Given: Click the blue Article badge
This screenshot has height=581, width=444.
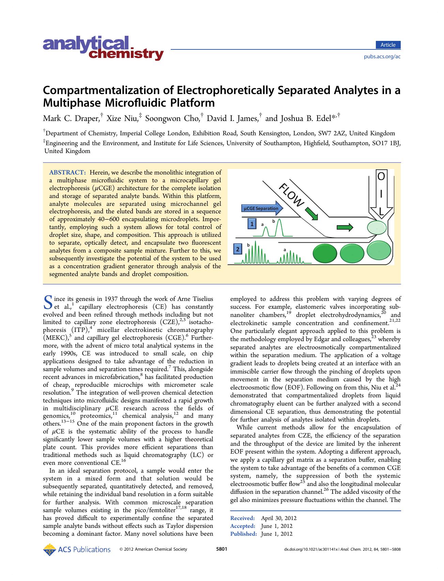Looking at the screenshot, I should tap(388, 45).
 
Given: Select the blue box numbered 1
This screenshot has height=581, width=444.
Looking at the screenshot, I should tap(251, 224).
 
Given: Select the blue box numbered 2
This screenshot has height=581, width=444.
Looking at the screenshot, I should tap(238, 249).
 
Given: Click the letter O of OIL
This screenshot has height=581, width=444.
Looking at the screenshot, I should tap(381, 177).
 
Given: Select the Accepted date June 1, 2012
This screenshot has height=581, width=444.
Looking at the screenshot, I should tap(277, 526).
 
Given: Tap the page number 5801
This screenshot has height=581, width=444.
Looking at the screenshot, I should tap(222, 549).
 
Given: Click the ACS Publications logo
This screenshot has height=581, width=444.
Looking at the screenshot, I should tap(77, 549).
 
